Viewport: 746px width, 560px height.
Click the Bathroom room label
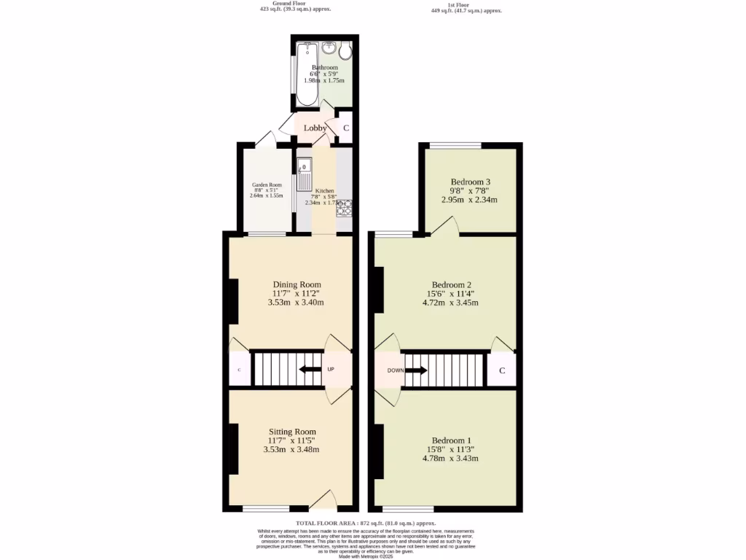coord(324,67)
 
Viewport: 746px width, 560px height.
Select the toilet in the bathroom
coord(345,50)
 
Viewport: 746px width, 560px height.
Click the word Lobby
coord(315,128)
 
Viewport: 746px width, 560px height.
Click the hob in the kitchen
coord(343,209)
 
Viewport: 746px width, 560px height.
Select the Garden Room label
coord(266,185)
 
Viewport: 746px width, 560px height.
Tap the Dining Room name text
coord(297,284)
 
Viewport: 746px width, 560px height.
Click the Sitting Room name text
coord(291,432)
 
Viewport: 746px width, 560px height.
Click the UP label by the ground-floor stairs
coord(331,369)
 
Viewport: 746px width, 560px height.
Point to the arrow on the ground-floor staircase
coord(310,369)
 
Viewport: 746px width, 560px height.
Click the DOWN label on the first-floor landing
coord(396,370)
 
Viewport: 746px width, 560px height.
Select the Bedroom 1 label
coord(451,440)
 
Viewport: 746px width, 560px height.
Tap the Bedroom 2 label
coord(452,284)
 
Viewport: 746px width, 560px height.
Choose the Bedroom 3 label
coord(470,182)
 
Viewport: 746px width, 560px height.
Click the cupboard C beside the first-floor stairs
coord(502,371)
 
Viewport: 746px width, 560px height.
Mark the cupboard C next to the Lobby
coord(346,129)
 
